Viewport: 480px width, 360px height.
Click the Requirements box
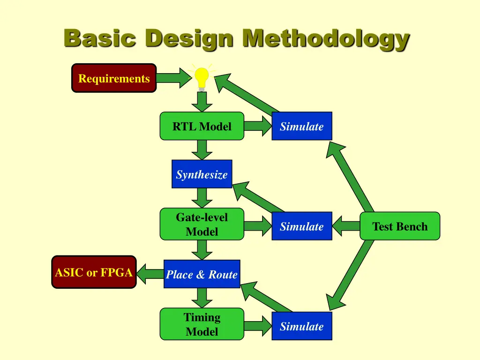(114, 78)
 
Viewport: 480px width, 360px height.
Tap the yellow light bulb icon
(202, 78)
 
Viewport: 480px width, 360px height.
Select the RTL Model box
(202, 126)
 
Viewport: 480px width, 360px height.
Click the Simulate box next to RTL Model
(302, 126)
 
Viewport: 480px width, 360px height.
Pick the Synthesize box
(202, 174)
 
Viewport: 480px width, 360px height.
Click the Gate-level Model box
(202, 224)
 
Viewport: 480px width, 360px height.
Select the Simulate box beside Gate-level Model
(302, 226)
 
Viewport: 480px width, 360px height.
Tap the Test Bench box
(400, 226)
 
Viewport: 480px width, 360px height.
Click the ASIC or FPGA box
(94, 272)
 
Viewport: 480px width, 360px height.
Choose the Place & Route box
(202, 274)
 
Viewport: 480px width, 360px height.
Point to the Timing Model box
(202, 324)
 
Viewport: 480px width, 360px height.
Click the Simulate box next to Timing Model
(302, 326)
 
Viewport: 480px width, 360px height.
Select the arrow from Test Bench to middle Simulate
(346, 226)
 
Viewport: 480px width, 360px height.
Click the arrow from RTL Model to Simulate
(258, 126)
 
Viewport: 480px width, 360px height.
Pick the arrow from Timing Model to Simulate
(258, 326)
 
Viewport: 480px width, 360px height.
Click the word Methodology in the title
(325, 38)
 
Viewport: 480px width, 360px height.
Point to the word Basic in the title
(99, 38)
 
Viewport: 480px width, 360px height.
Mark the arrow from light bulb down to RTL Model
(202, 102)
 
